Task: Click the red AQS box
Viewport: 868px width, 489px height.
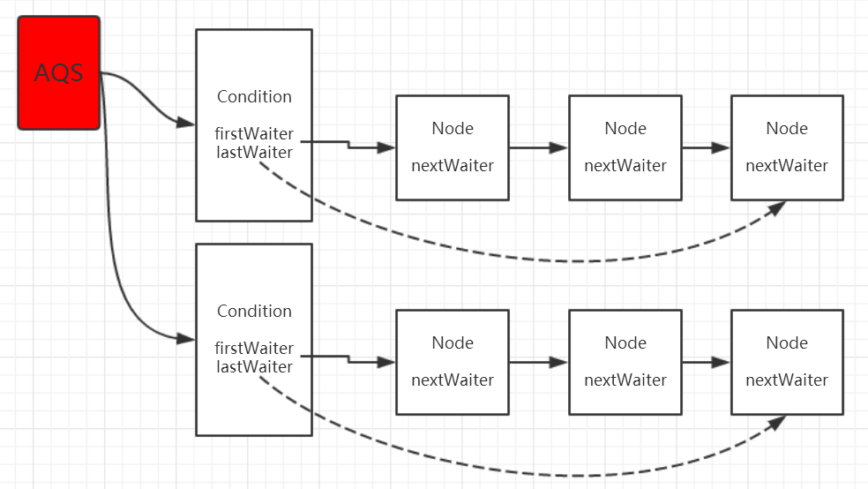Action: (x=59, y=72)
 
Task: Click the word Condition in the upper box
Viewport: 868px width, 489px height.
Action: (x=254, y=96)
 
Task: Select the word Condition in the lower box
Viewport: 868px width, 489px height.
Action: (x=254, y=311)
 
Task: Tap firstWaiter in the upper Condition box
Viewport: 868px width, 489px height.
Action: (x=254, y=134)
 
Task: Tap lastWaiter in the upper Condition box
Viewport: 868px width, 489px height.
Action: (x=254, y=152)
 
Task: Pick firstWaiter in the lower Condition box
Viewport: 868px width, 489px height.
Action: (x=254, y=349)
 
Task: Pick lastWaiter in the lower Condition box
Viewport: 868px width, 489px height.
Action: (x=254, y=366)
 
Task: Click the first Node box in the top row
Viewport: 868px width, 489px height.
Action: (x=452, y=147)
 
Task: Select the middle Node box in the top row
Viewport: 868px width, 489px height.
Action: (x=625, y=147)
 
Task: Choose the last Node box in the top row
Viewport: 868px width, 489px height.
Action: (x=787, y=147)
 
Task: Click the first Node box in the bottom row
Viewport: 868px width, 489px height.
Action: (x=452, y=362)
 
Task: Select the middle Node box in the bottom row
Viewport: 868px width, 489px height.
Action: (x=625, y=362)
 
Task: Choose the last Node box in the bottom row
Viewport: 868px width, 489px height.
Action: (x=787, y=362)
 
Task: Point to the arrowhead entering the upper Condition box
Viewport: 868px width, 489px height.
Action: (x=186, y=124)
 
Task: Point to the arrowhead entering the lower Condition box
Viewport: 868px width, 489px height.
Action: (x=186, y=338)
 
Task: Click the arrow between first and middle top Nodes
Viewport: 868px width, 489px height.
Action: (x=538, y=147)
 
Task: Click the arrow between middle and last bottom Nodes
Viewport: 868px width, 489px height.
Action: (x=706, y=362)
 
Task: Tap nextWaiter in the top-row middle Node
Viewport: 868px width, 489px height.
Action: (x=625, y=166)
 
